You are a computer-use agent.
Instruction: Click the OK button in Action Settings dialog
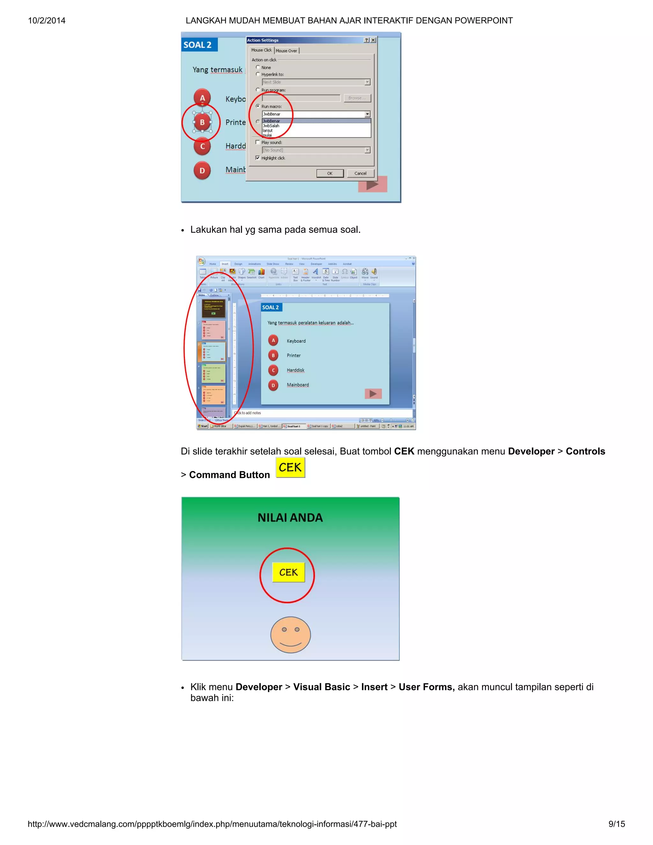(330, 173)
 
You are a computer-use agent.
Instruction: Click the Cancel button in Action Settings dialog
(360, 173)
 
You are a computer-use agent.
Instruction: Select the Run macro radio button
(258, 106)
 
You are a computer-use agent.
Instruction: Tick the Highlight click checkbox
(258, 158)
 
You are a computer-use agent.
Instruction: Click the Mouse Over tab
(286, 51)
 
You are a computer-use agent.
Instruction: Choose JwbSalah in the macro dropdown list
(271, 126)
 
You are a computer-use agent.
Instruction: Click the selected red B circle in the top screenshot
(202, 122)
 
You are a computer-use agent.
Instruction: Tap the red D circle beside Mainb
(202, 171)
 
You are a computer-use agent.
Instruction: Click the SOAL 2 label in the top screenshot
(198, 45)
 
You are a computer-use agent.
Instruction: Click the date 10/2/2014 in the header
(47, 20)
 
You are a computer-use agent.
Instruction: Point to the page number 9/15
(616, 824)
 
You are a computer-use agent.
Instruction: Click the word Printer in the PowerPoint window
(294, 356)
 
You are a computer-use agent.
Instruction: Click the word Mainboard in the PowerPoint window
(297, 385)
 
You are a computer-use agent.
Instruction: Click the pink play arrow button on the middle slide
(373, 394)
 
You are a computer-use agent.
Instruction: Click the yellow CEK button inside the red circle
(288, 572)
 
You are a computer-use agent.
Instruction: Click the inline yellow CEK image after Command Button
(290, 467)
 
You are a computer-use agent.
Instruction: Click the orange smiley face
(290, 635)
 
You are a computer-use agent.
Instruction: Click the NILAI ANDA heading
(290, 518)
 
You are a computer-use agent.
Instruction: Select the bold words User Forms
(426, 687)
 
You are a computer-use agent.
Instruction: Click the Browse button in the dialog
(357, 98)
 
